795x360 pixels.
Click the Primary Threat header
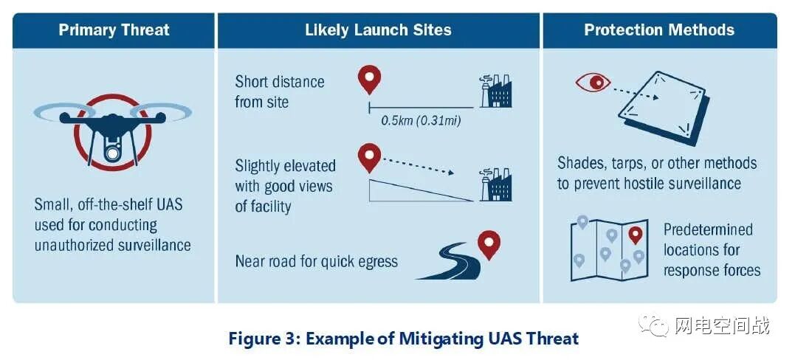click(x=114, y=30)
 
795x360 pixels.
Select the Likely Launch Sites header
click(x=378, y=30)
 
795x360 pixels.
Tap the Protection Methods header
click(x=659, y=30)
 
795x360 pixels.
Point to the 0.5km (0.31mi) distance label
click(x=421, y=120)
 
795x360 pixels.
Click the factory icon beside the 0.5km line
click(x=495, y=91)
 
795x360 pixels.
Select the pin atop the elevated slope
click(x=368, y=156)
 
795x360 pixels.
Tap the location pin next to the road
click(x=489, y=243)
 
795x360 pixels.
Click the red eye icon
click(x=593, y=82)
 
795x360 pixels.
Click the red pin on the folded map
click(x=635, y=235)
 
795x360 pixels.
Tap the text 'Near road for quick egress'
click(x=317, y=262)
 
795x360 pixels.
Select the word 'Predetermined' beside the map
click(x=708, y=229)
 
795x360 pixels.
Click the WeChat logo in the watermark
click(x=655, y=325)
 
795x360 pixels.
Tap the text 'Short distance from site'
click(x=279, y=92)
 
